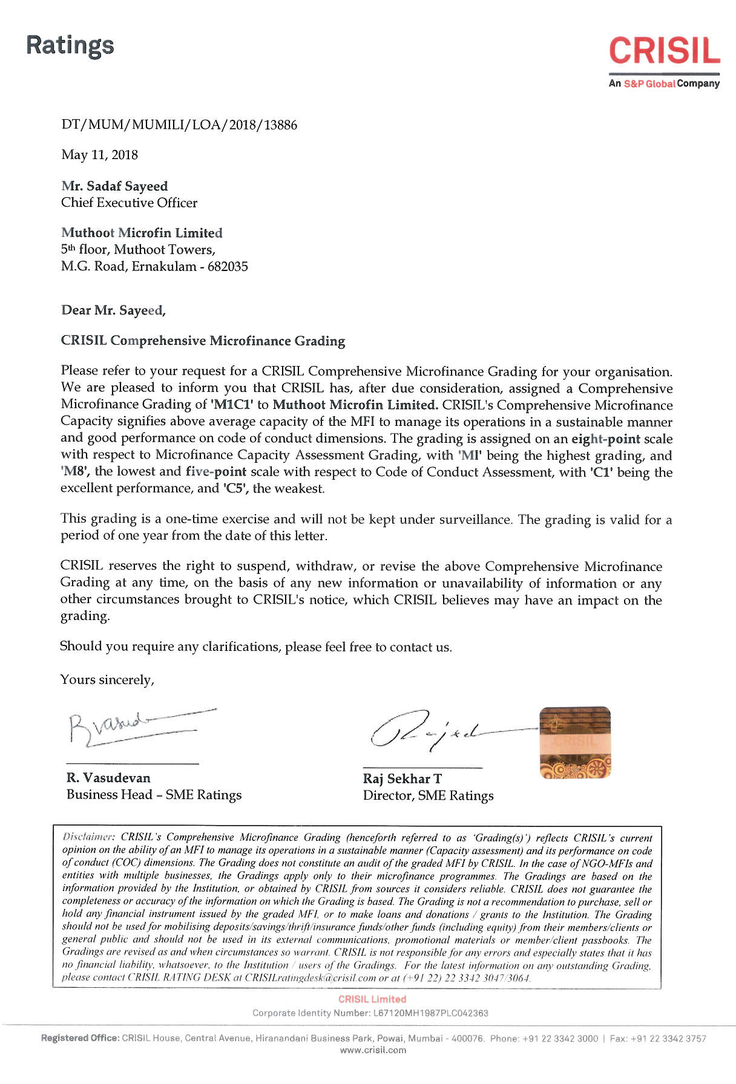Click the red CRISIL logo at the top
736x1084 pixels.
(664, 51)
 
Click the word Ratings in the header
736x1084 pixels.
(70, 45)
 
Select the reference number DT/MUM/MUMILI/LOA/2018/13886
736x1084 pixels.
(179, 125)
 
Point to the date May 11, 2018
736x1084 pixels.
(99, 155)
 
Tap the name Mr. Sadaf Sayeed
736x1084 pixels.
(114, 186)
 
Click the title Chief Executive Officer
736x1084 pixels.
(129, 203)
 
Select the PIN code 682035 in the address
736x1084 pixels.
(228, 267)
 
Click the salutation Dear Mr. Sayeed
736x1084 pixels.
(113, 310)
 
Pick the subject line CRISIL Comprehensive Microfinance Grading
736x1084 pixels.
(203, 341)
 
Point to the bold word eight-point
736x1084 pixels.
(605, 439)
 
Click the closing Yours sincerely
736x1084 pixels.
(107, 680)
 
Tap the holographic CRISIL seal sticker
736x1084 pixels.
(575, 742)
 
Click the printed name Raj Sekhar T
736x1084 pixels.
(402, 779)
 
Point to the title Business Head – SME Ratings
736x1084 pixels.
(154, 795)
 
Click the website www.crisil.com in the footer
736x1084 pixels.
(373, 1050)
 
